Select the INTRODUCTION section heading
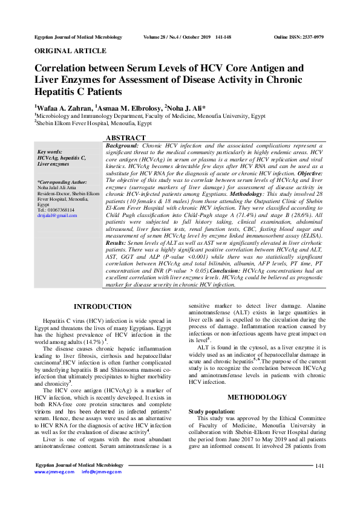(x=106, y=306)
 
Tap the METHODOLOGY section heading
(x=257, y=397)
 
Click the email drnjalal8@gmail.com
(x=57, y=215)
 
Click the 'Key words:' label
(x=50, y=152)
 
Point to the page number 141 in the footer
(x=320, y=482)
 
